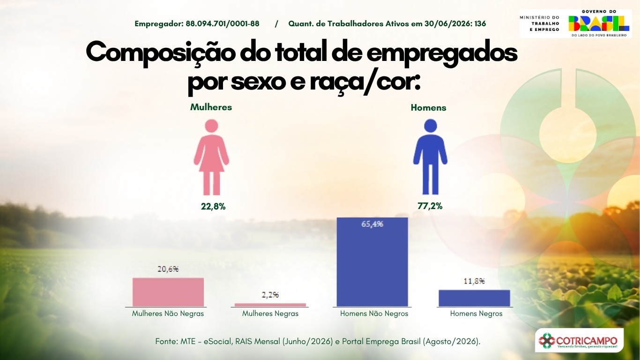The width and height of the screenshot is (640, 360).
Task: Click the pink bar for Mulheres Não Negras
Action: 168,292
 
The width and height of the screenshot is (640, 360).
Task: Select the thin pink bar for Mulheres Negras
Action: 270,305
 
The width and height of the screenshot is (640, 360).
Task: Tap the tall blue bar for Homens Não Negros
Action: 372,262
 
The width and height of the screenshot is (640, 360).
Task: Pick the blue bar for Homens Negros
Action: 474,298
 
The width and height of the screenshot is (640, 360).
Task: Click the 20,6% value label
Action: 168,269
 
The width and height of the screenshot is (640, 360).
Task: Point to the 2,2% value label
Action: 270,295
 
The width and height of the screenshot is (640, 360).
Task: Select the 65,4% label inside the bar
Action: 372,224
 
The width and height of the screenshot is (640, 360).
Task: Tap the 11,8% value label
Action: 474,281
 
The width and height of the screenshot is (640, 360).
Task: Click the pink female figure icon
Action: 211,157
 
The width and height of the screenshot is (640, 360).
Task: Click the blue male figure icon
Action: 430,157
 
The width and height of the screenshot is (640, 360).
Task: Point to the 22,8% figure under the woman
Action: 213,206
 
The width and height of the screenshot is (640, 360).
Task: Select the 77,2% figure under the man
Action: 430,206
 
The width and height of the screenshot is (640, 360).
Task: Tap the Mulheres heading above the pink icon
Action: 211,107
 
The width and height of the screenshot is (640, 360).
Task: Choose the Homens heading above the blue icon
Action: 429,108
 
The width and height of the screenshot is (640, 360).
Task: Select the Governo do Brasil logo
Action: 599,23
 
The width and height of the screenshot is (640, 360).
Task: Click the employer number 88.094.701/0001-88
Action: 223,24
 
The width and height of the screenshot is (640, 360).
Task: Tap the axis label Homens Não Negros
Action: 374,314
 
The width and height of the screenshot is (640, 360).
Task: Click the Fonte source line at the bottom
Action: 318,341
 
